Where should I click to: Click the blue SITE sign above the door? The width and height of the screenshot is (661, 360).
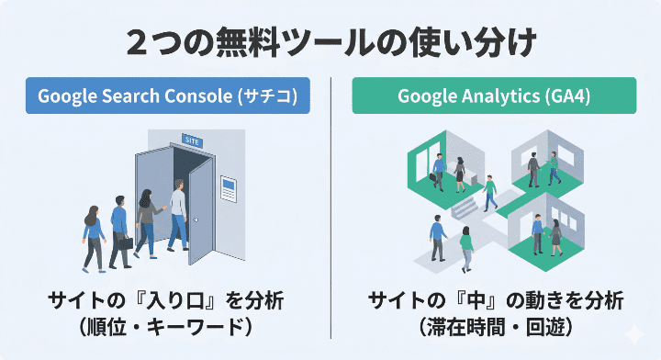click(x=192, y=141)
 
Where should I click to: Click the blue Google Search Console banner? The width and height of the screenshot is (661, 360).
click(x=168, y=96)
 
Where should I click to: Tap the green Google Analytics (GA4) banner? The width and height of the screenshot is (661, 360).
click(x=494, y=96)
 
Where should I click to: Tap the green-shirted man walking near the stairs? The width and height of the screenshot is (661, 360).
click(x=490, y=192)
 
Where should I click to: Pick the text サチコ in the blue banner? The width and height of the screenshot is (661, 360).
click(x=274, y=96)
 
